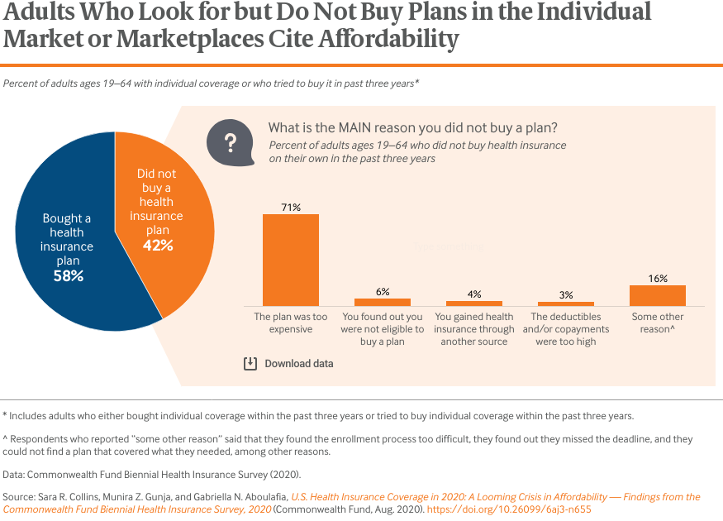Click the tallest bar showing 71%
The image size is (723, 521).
click(291, 260)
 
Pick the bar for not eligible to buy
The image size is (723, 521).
click(382, 302)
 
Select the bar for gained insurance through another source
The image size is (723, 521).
click(473, 303)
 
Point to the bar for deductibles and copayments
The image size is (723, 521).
click(565, 304)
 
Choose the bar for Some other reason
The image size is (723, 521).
click(657, 295)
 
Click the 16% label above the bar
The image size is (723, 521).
click(657, 279)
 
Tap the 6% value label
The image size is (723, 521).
click(382, 292)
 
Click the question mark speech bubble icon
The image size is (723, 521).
click(231, 142)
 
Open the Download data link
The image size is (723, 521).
click(298, 364)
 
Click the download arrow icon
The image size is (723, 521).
click(250, 364)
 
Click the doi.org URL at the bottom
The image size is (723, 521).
click(521, 509)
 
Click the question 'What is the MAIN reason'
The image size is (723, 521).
click(412, 128)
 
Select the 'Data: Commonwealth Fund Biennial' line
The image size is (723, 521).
click(151, 475)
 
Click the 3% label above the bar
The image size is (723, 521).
click(565, 295)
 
